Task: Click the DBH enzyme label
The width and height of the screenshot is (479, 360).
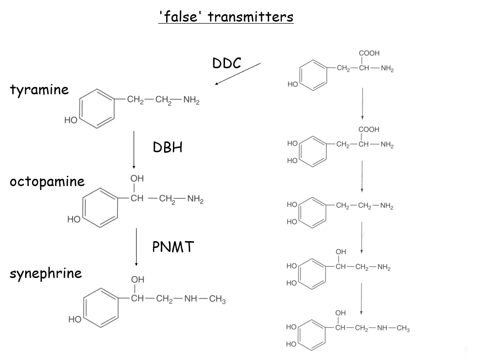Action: (168, 147)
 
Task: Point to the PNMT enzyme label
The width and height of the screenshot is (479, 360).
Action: (173, 247)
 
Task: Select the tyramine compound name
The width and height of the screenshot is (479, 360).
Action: (39, 90)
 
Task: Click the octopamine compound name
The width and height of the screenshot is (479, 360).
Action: (47, 182)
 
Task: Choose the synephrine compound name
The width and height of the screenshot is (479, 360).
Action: (46, 273)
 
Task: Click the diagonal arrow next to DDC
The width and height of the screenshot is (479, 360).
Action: (238, 74)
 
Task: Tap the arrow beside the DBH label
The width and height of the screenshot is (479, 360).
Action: (134, 150)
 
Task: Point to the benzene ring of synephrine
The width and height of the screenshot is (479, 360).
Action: (100, 307)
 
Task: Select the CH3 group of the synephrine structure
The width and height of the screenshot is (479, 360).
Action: (217, 300)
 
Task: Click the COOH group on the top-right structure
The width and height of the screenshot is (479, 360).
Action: (369, 53)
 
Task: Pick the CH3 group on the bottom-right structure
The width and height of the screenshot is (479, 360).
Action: (403, 329)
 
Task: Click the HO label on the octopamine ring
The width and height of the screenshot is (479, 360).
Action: (74, 220)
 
